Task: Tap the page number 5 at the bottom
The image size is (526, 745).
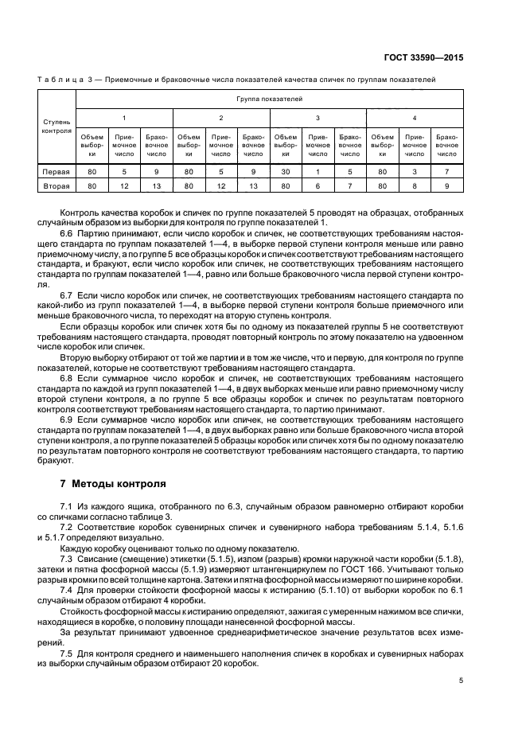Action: coord(461,681)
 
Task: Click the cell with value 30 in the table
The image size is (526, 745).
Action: coord(286,171)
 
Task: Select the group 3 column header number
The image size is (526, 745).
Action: coord(318,117)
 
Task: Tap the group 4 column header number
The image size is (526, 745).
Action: coord(415,117)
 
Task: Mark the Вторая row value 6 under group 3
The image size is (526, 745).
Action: coord(318,186)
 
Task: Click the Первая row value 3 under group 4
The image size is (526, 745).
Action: coord(415,171)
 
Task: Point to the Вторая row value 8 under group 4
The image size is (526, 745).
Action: coord(415,186)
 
